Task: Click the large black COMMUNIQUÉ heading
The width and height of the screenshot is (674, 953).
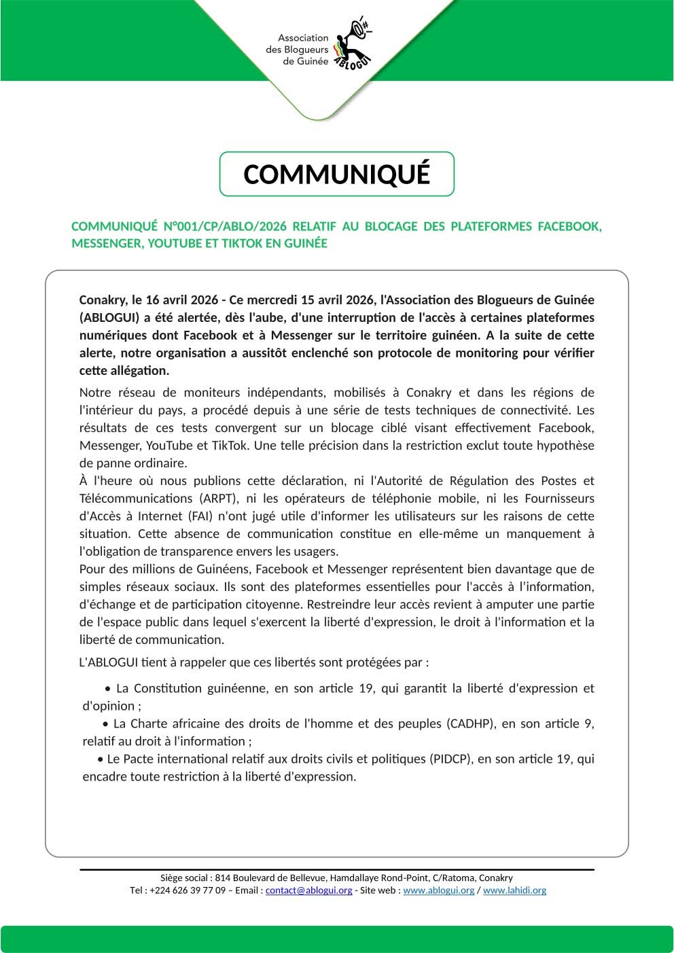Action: pyautogui.click(x=336, y=175)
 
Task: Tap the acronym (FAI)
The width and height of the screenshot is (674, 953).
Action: pyautogui.click(x=206, y=516)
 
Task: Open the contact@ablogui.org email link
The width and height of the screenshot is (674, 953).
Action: pyautogui.click(x=308, y=890)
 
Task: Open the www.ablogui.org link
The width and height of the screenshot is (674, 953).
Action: pyautogui.click(x=438, y=890)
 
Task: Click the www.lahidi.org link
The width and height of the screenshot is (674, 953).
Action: pyautogui.click(x=514, y=890)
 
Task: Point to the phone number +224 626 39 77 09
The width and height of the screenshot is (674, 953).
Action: pyautogui.click(x=188, y=890)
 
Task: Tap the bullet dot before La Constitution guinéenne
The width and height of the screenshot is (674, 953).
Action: pyautogui.click(x=107, y=689)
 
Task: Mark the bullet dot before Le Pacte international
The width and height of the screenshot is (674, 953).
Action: pyautogui.click(x=101, y=759)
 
